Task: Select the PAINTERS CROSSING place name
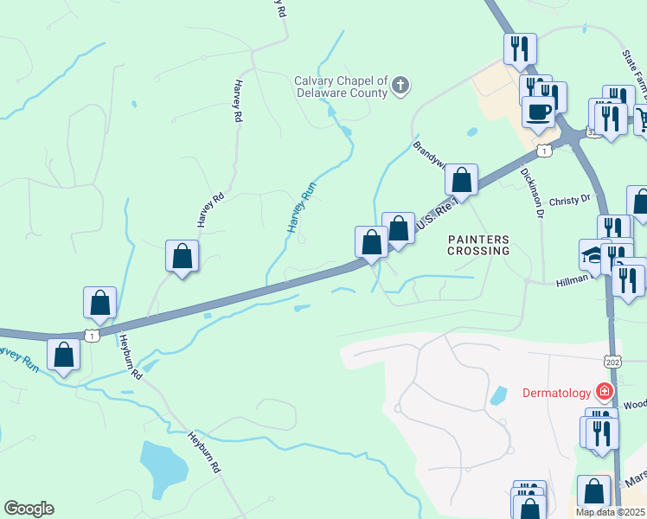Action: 477,244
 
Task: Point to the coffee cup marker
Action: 538,112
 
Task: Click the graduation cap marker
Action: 593,255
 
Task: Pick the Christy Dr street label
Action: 568,199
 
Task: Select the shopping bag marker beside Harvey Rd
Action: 182,256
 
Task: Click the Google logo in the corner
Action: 29,509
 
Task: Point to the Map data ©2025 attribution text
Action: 609,512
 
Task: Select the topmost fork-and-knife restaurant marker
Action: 520,48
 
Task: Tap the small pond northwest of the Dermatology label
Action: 498,396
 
